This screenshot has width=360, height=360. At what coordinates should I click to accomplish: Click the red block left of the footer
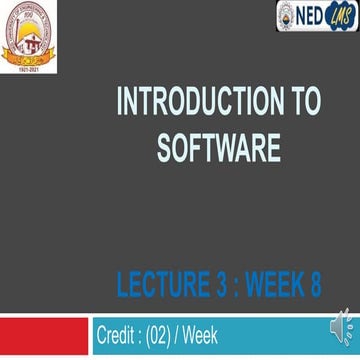(x=44, y=336)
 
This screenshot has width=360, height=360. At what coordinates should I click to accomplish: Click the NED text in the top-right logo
(x=311, y=16)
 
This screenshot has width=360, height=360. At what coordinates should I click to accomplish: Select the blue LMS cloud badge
(x=340, y=16)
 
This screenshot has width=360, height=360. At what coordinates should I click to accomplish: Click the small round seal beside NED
(x=287, y=16)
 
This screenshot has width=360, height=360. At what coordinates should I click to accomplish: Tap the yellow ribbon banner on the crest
(x=28, y=54)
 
